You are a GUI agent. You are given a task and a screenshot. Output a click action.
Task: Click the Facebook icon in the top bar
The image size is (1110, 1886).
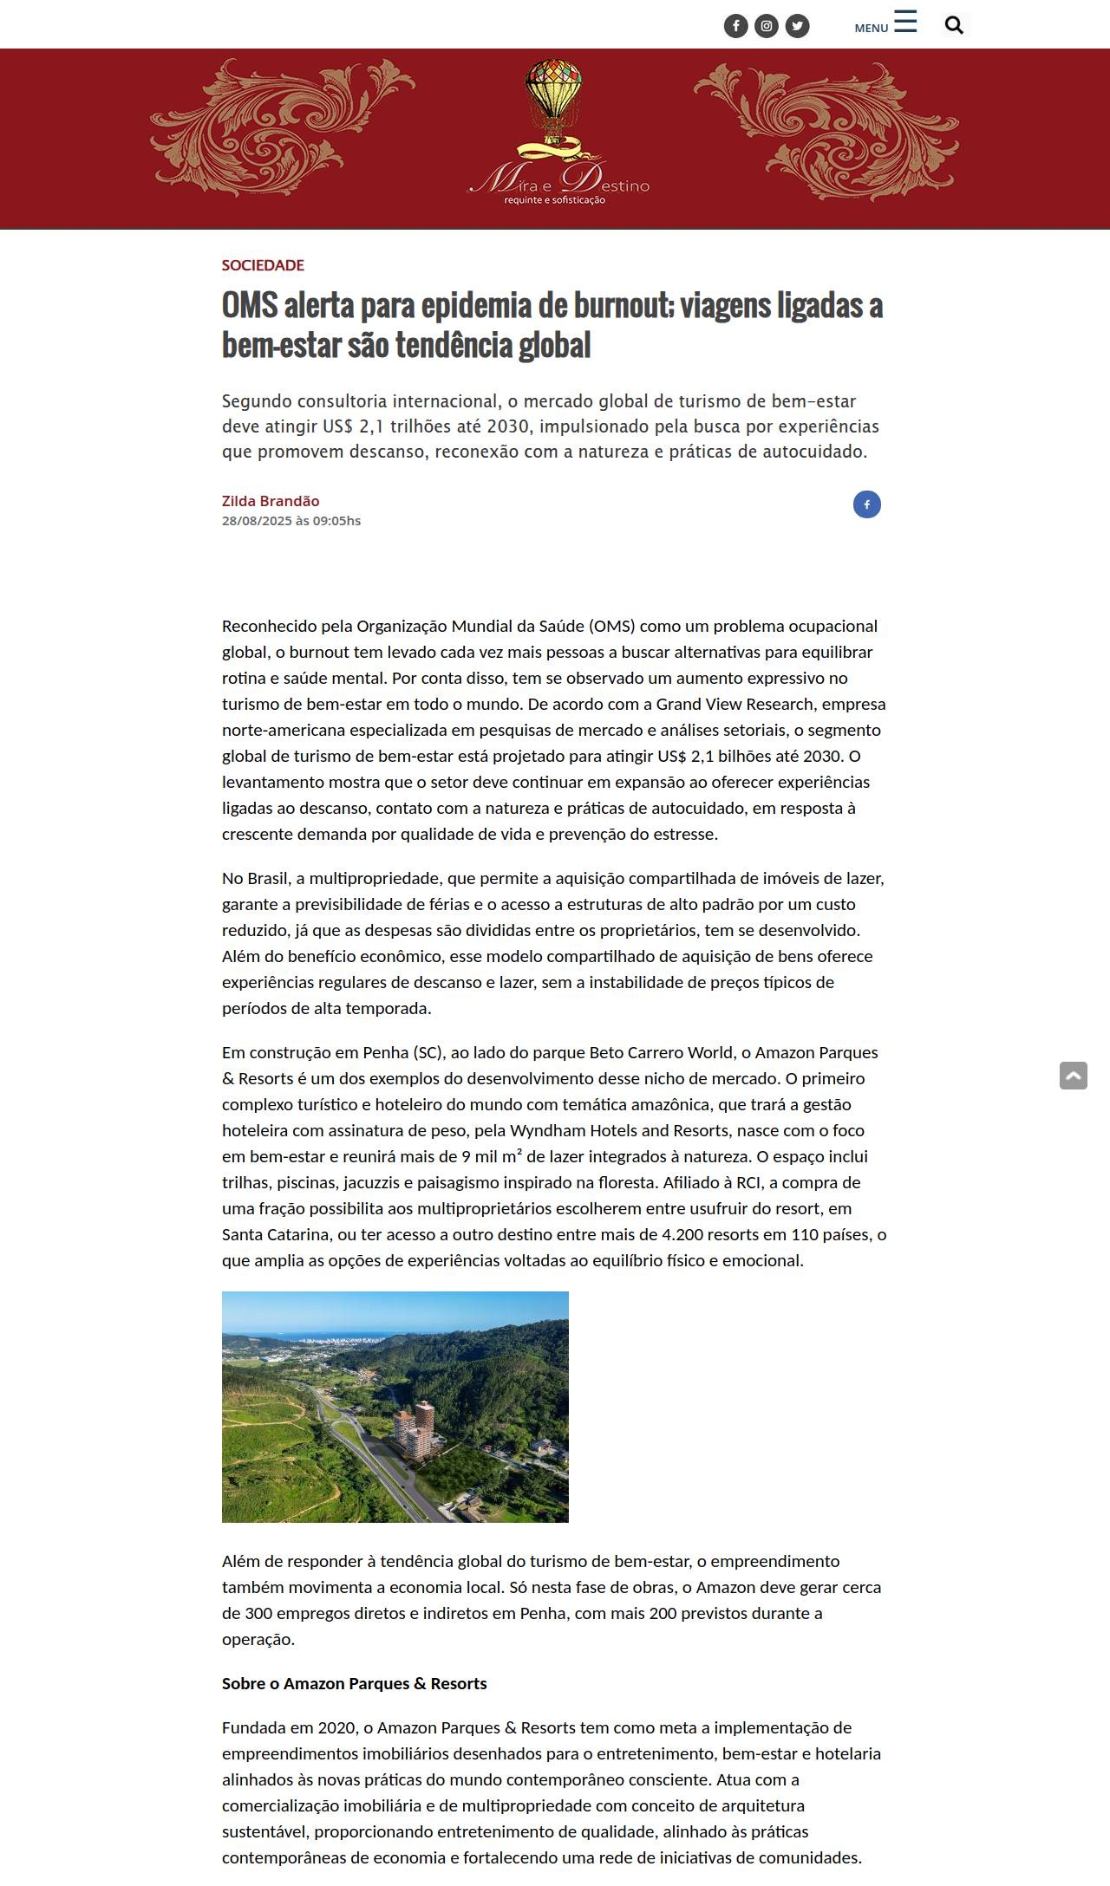(x=735, y=26)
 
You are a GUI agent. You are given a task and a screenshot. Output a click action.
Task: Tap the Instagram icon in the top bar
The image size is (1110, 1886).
(x=767, y=26)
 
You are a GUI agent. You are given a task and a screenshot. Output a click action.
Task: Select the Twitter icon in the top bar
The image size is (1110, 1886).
(x=797, y=26)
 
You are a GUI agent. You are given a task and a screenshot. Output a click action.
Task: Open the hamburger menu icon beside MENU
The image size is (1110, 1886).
(x=905, y=23)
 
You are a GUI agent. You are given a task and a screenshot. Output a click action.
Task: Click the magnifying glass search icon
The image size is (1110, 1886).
(x=954, y=26)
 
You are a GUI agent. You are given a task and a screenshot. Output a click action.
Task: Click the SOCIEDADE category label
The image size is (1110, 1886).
(x=263, y=265)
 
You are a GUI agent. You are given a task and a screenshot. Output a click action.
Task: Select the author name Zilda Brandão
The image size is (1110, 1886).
(x=271, y=501)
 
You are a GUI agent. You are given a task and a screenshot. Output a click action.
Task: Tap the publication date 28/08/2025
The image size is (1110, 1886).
(x=256, y=521)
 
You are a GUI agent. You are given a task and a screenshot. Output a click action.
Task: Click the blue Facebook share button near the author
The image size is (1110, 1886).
(x=866, y=504)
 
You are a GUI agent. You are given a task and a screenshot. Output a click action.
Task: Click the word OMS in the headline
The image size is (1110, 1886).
(x=250, y=306)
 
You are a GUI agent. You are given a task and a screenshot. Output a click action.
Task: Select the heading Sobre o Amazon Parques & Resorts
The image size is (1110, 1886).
(x=354, y=1683)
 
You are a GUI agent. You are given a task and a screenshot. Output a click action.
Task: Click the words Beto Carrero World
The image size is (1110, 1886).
(x=661, y=1052)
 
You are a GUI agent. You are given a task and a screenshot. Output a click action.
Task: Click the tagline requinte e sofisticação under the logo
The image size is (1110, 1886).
(x=555, y=200)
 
